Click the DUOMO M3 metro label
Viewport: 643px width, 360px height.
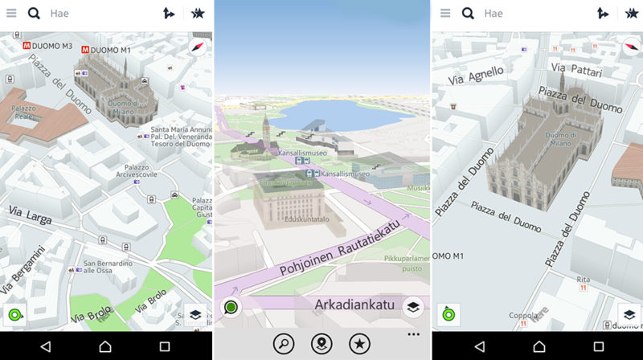click(51, 46)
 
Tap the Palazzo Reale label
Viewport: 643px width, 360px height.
click(24, 114)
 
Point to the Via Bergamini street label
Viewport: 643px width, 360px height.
click(23, 274)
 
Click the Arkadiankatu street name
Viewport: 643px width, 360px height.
click(354, 305)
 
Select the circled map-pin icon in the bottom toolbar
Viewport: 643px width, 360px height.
click(321, 343)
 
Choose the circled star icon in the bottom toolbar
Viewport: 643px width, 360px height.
click(359, 343)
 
